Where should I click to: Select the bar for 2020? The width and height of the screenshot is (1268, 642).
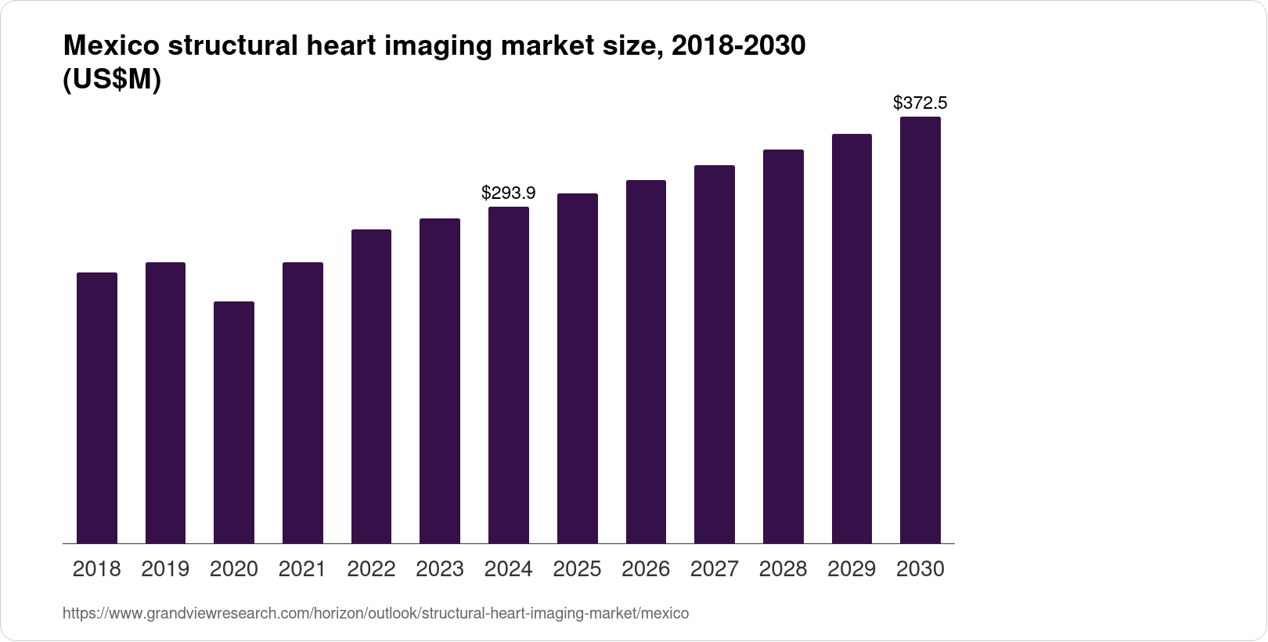coord(233,423)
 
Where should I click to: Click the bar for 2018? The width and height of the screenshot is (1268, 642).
coord(96,407)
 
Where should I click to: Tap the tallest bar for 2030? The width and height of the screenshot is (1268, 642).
coord(920,329)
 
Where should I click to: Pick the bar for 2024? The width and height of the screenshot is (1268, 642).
coord(508,376)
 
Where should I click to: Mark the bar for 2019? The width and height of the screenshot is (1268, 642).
coord(165,402)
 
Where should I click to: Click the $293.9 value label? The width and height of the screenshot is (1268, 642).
coord(508,192)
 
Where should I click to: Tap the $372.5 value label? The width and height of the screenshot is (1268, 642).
coord(920,103)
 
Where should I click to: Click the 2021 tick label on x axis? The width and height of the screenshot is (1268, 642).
coord(302,569)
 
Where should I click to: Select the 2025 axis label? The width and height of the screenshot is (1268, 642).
coord(577,569)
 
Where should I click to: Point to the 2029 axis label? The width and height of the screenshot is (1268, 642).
coord(852,569)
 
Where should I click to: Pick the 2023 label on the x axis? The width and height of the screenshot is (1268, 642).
coord(439,569)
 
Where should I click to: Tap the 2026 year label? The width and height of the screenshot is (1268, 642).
coord(646,569)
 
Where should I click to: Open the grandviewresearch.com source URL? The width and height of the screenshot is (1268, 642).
coord(376,614)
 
